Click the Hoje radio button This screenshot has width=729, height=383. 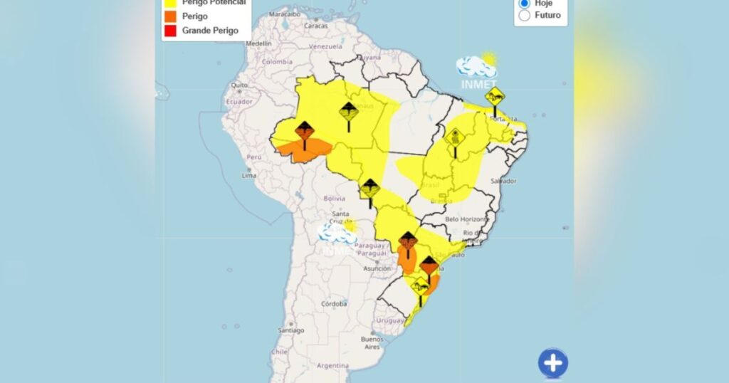coord(525,4)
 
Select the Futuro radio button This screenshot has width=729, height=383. coord(525,16)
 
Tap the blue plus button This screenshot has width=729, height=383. coord(552,363)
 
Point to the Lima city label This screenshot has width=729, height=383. coord(248,175)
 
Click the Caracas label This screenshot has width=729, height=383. coord(316,26)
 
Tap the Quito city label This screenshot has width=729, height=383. coord(239,85)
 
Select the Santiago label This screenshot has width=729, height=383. coord(292,330)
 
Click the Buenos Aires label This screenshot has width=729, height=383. coord(372,342)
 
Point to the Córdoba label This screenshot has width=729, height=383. coord(333,303)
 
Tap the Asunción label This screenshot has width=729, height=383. coord(377,268)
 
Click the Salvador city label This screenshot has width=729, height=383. coord(503,181)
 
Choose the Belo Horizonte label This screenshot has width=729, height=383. coord(468,219)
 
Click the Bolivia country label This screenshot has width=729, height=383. coord(334,198)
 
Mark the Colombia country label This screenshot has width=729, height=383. coord(277,62)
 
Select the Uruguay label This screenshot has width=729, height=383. coord(390,320)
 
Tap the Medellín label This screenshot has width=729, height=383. coord(259,43)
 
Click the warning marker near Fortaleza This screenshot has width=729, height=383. coord(494,98)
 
